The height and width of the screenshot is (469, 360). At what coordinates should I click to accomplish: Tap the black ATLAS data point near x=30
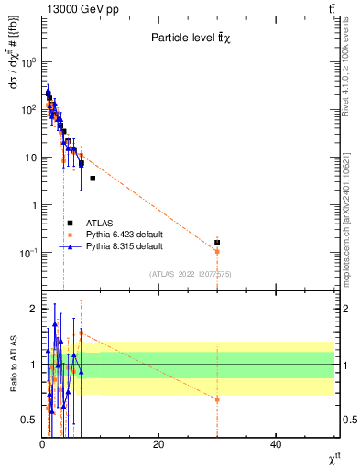pos(217,243)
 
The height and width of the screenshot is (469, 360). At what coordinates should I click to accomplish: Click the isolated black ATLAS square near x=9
pos(93,179)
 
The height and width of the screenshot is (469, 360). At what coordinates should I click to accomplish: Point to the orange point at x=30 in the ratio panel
pos(217,399)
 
